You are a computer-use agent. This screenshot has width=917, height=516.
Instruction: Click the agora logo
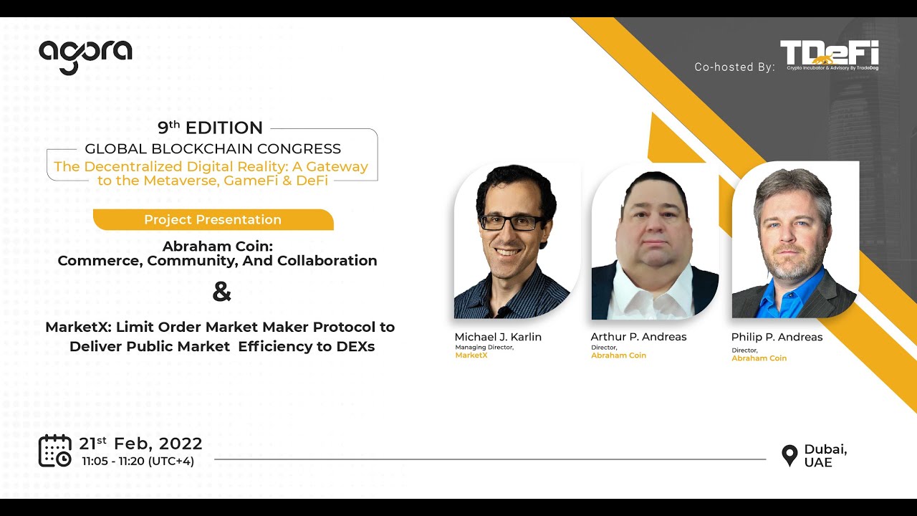(x=85, y=56)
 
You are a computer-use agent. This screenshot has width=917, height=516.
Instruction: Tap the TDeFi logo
(x=829, y=55)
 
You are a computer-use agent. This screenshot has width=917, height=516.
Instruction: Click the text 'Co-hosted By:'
(x=734, y=67)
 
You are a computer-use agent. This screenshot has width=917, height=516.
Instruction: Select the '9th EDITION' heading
(x=210, y=128)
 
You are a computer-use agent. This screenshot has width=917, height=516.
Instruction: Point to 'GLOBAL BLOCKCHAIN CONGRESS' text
(x=213, y=149)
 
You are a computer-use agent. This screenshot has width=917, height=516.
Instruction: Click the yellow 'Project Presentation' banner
(x=213, y=220)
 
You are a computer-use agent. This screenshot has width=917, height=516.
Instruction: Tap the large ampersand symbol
(x=222, y=292)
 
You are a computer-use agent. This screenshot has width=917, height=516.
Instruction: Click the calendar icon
(x=54, y=451)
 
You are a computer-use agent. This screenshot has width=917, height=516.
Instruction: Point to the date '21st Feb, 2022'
(x=140, y=444)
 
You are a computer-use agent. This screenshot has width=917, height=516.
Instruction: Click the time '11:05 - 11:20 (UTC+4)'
(x=138, y=462)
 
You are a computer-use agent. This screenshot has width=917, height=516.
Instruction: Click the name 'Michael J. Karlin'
(x=498, y=337)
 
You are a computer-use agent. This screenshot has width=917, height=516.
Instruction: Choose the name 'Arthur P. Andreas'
(x=638, y=337)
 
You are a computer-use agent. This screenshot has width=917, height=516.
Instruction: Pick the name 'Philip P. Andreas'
(x=777, y=337)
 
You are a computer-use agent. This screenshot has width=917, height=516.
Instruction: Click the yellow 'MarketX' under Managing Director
(x=471, y=355)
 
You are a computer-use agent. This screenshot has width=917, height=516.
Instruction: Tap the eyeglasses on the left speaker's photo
(x=512, y=223)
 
